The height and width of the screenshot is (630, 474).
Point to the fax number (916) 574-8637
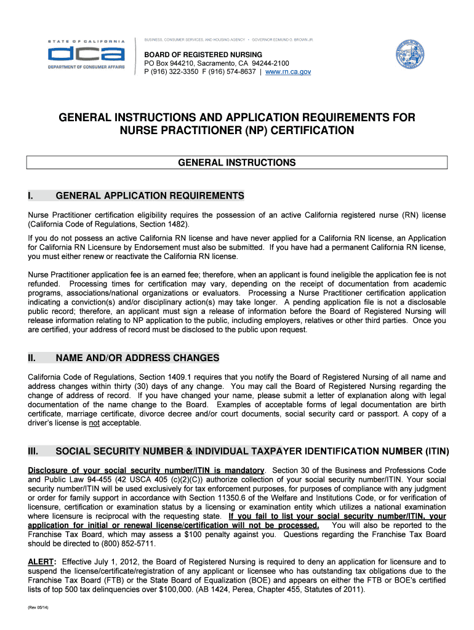231,72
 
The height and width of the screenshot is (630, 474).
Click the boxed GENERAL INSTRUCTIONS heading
236,163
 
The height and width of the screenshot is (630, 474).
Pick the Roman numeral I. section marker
33,196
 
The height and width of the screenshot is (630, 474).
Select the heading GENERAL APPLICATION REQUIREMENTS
150,196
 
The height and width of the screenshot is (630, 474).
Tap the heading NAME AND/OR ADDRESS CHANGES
137,358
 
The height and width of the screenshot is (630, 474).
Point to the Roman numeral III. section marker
34,452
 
